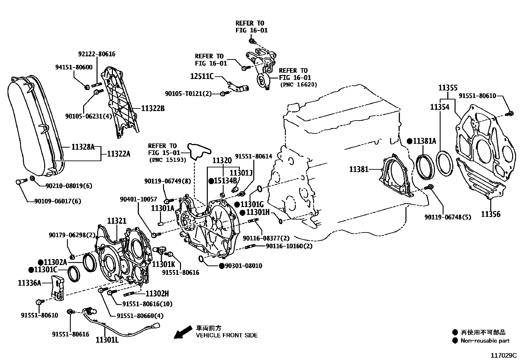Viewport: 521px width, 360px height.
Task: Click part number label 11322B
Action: (x=153, y=108)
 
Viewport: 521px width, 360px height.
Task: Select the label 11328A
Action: (x=83, y=147)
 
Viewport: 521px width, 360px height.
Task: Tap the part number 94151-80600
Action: (x=74, y=67)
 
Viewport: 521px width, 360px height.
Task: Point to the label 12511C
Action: (x=202, y=76)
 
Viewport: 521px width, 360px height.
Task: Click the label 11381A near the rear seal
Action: (x=424, y=141)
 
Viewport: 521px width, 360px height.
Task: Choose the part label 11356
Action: (x=491, y=214)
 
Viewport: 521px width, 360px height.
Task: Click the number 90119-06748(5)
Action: (x=448, y=217)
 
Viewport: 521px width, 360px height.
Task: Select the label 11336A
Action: (x=29, y=283)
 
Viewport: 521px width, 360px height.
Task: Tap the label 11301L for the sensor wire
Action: (x=107, y=340)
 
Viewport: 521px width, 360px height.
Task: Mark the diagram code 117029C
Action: (x=503, y=355)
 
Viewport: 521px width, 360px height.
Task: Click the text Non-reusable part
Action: (x=485, y=341)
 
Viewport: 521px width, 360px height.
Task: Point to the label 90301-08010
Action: (x=243, y=266)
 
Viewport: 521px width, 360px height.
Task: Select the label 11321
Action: (x=117, y=221)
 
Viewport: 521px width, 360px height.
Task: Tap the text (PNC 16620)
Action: (x=298, y=85)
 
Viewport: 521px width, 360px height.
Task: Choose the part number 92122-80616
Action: (x=97, y=54)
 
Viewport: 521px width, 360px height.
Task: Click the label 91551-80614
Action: (x=253, y=156)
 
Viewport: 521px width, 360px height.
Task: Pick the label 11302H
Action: (x=157, y=294)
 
